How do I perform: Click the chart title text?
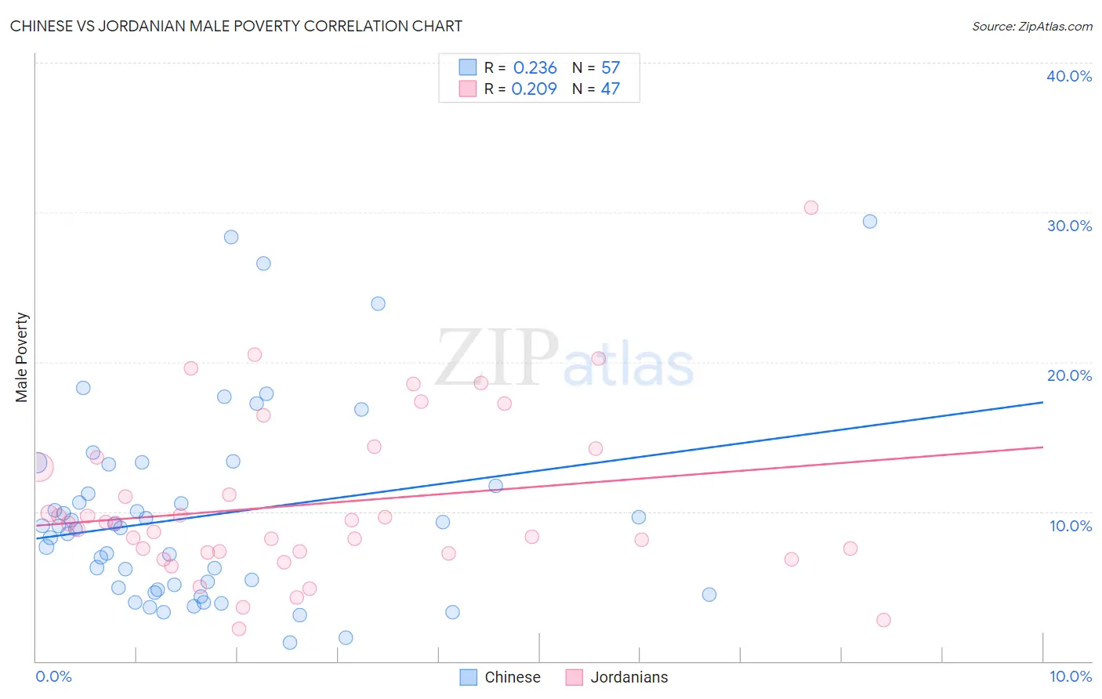point(236,26)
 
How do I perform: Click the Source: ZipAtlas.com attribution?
point(1031,26)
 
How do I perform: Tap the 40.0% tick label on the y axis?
point(1068,76)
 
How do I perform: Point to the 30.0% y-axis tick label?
point(1068,226)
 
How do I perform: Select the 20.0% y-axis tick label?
point(1068,375)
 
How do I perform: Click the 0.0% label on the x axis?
point(53,676)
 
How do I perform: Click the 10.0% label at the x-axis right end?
point(1070,676)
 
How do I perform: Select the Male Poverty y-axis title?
point(22,357)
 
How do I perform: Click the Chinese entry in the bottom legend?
point(512,677)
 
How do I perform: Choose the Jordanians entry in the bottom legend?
point(629,677)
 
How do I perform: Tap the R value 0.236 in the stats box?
point(535,68)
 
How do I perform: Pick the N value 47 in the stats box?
point(610,89)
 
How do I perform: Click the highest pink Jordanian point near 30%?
point(811,208)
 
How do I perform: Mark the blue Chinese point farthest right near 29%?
point(870,221)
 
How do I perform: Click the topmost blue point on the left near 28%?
point(231,237)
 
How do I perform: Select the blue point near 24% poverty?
point(378,303)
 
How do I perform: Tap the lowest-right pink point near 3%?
point(883,620)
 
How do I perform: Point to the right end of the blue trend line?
point(1042,402)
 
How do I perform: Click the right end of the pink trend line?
point(1042,447)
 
